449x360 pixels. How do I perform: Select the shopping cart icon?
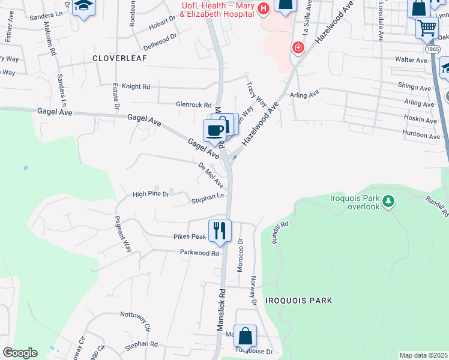(x=427, y=27)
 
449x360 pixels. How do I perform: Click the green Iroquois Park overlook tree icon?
(x=389, y=200)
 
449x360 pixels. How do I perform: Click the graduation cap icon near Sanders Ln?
(x=84, y=7)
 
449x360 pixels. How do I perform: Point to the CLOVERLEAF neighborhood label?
(x=117, y=58)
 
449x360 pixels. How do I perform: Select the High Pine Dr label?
(x=151, y=194)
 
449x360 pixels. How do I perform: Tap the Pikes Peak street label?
(x=190, y=237)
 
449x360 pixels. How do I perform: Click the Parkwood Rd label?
(x=200, y=253)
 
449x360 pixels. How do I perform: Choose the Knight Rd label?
(x=136, y=86)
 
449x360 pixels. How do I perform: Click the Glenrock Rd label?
(x=193, y=104)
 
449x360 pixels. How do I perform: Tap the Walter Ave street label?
(x=411, y=60)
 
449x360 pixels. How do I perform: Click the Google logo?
(x=20, y=353)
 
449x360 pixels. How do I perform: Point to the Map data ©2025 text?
(x=423, y=355)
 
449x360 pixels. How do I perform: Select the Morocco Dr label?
(x=240, y=255)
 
